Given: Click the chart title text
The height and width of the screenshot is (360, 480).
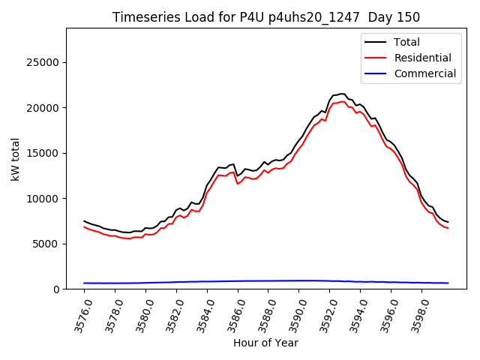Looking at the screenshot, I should tap(266, 17).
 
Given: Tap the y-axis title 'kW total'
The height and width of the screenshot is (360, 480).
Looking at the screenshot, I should tap(16, 158).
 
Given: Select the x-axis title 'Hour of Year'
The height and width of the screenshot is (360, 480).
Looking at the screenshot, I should tap(265, 343).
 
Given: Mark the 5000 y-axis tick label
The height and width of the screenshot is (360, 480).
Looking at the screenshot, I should tap(49, 244).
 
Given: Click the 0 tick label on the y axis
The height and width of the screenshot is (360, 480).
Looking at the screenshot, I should tap(57, 289).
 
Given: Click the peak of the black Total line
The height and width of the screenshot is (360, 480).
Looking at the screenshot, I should tap(341, 94).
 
